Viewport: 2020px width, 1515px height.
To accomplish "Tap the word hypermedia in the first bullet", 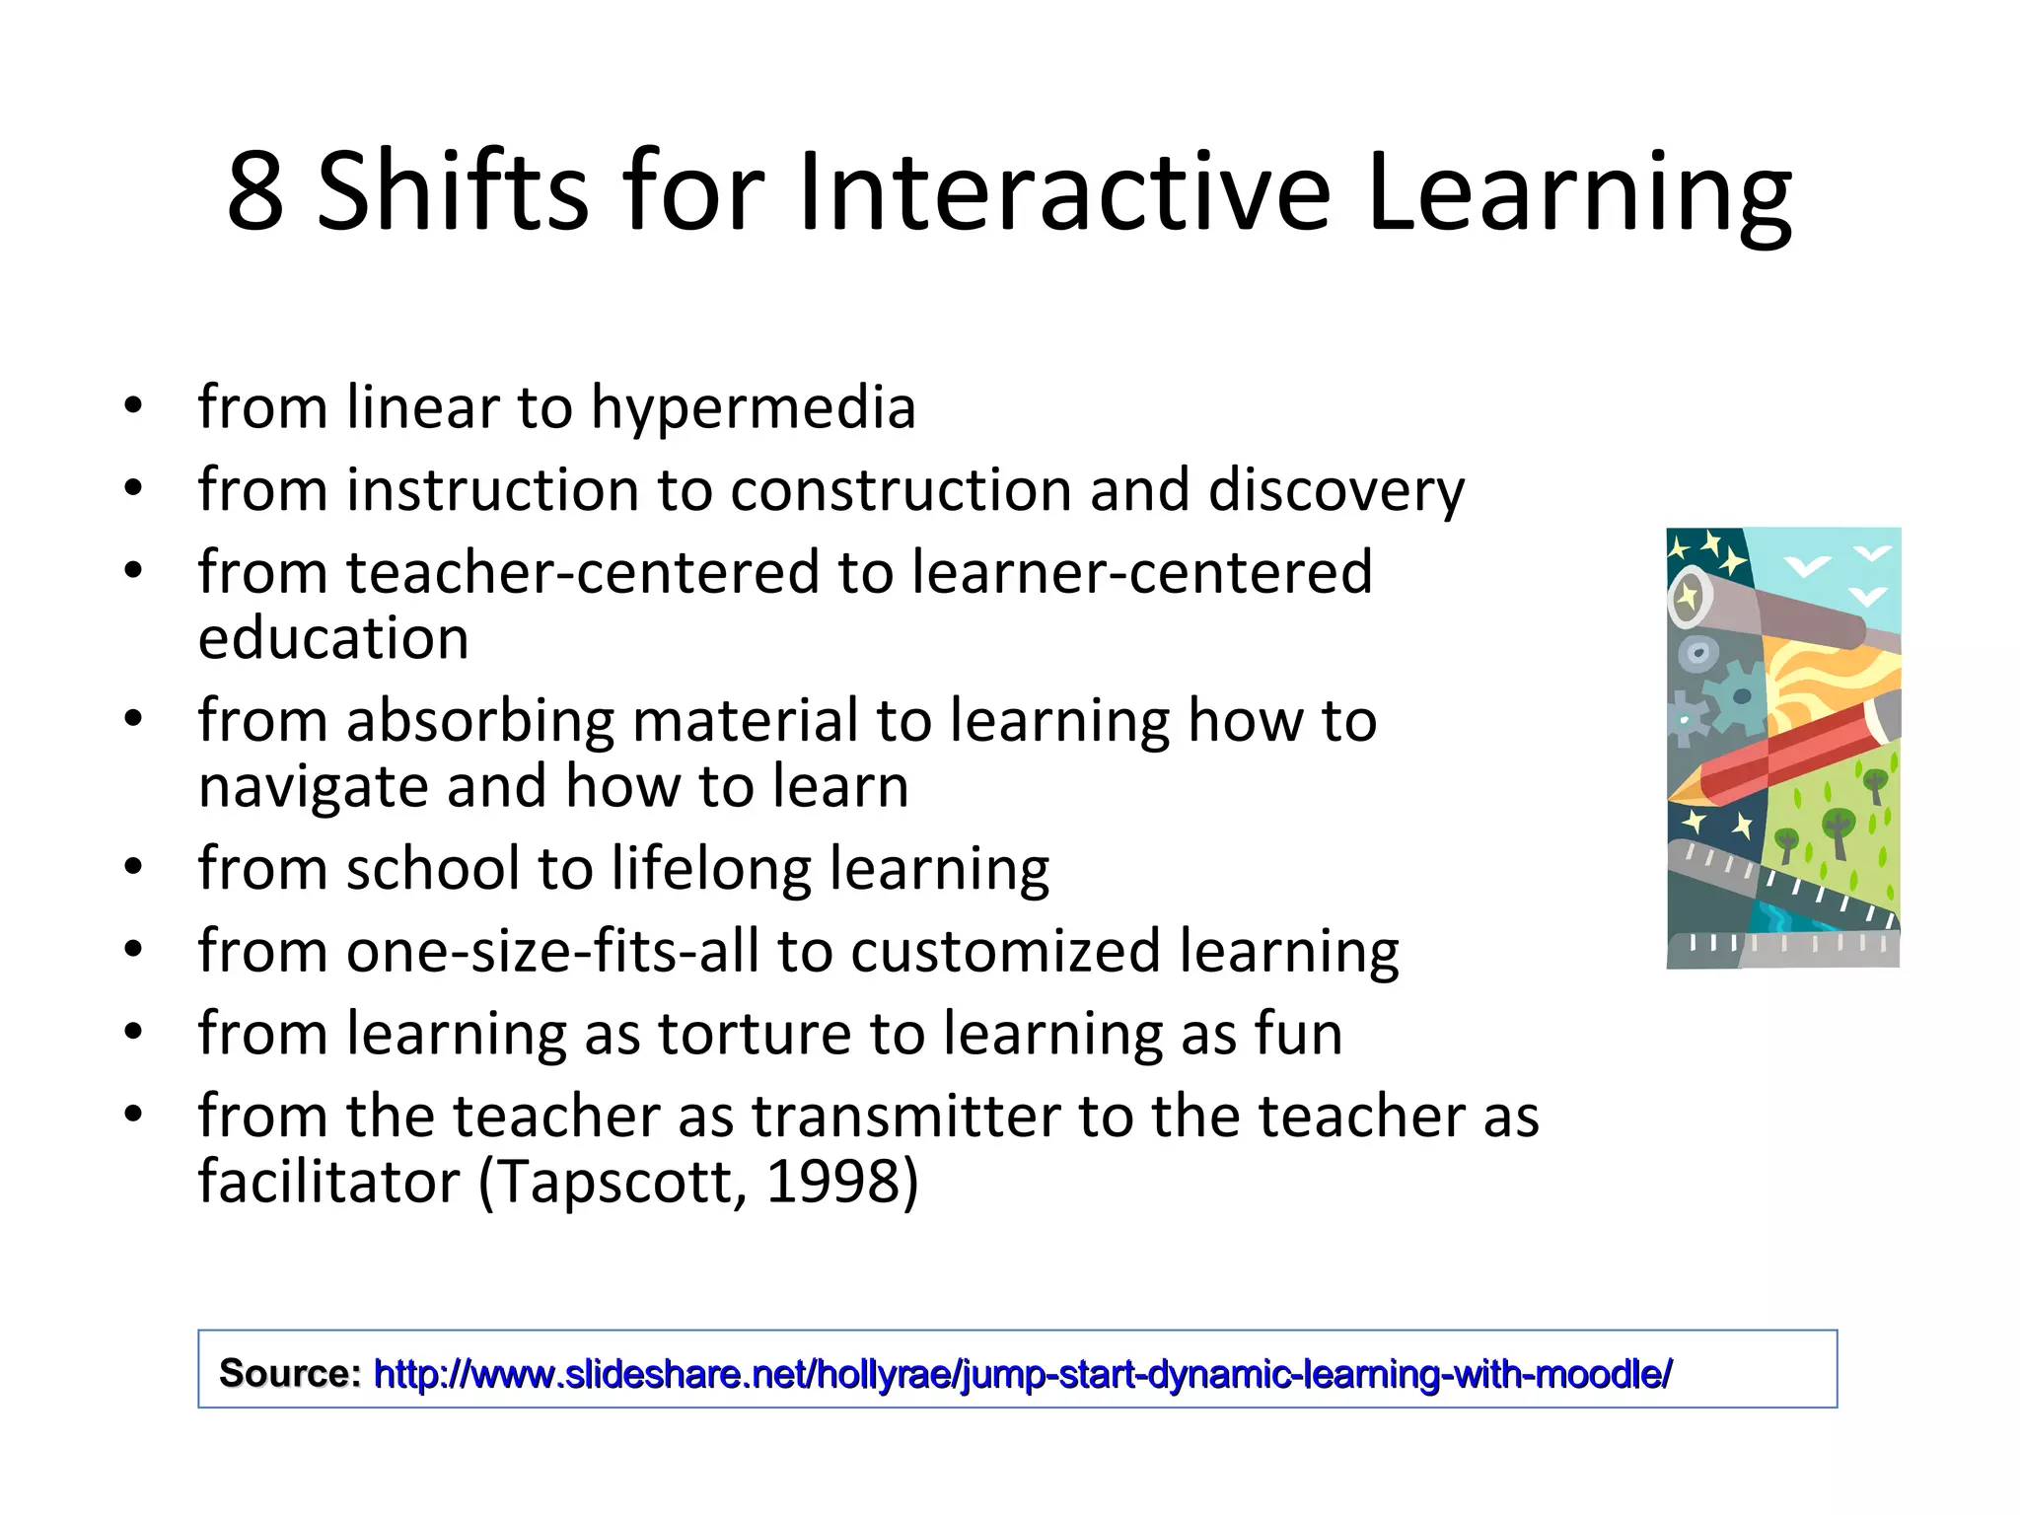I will tap(754, 409).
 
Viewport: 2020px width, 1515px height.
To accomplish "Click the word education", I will tap(333, 638).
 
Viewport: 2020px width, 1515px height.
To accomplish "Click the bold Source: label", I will tap(290, 1373).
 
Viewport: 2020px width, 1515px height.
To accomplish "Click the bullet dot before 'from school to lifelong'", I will tap(134, 868).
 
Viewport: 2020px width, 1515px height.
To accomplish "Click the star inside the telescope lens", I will tap(1689, 597).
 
